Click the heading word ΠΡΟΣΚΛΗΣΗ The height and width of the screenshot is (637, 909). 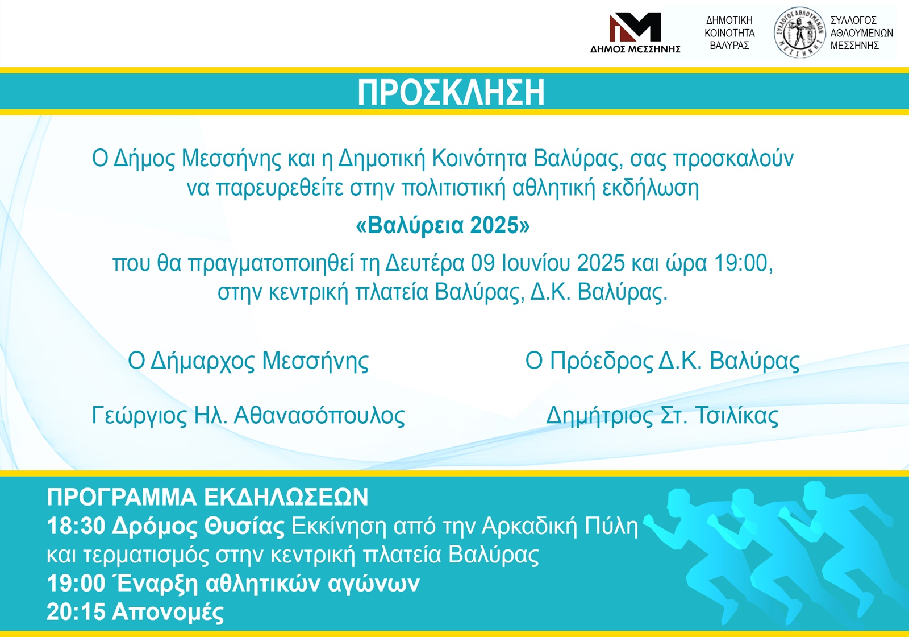[451, 93]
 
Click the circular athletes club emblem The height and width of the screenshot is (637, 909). [800, 32]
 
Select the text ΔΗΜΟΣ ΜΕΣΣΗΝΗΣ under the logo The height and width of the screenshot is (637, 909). [635, 49]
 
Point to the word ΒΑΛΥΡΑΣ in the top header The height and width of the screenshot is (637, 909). [729, 45]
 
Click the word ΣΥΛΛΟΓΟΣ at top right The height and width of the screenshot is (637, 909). [853, 20]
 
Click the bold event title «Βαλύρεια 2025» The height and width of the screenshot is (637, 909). [443, 225]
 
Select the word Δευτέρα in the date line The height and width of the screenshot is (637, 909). [424, 263]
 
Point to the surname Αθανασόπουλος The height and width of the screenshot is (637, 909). [319, 416]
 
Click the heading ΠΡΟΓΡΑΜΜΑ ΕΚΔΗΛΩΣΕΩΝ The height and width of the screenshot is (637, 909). [207, 497]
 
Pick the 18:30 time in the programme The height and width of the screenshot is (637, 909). [76, 526]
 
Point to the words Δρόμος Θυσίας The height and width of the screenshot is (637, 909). [198, 527]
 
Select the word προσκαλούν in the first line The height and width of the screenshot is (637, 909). [733, 159]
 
